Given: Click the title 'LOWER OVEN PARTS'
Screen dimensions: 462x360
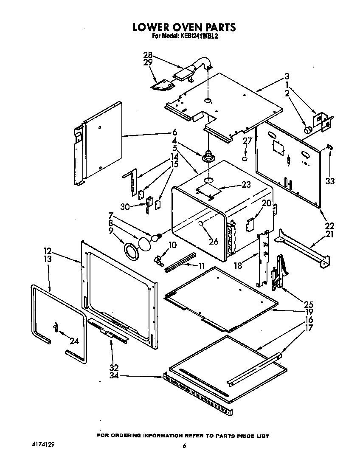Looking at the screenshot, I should point(184,27).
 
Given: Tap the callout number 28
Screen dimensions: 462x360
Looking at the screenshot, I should point(148,55).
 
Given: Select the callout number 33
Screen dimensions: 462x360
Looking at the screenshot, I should point(330,181).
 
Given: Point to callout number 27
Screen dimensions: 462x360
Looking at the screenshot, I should point(247,142).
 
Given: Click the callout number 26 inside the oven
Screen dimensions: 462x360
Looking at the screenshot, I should point(214,241).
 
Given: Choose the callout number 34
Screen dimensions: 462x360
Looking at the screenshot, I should point(113,376).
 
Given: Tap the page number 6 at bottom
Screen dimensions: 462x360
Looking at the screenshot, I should point(184,446).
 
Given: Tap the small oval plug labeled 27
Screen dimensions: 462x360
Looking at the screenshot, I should point(245,159).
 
